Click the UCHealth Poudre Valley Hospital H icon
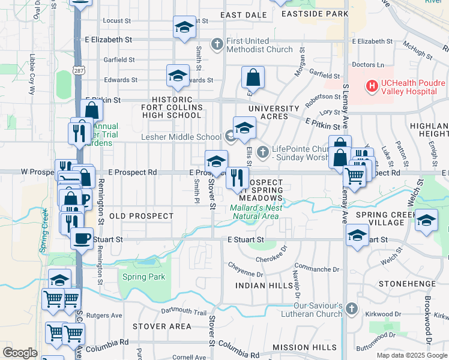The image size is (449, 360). [372, 86]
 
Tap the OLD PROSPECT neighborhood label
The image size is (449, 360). [142, 215]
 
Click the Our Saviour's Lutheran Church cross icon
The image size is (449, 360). [352, 309]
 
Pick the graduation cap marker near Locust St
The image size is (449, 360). [185, 26]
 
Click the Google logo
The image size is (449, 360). [20, 352]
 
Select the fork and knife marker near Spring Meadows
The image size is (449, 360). [237, 177]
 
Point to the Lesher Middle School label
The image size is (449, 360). [181, 137]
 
